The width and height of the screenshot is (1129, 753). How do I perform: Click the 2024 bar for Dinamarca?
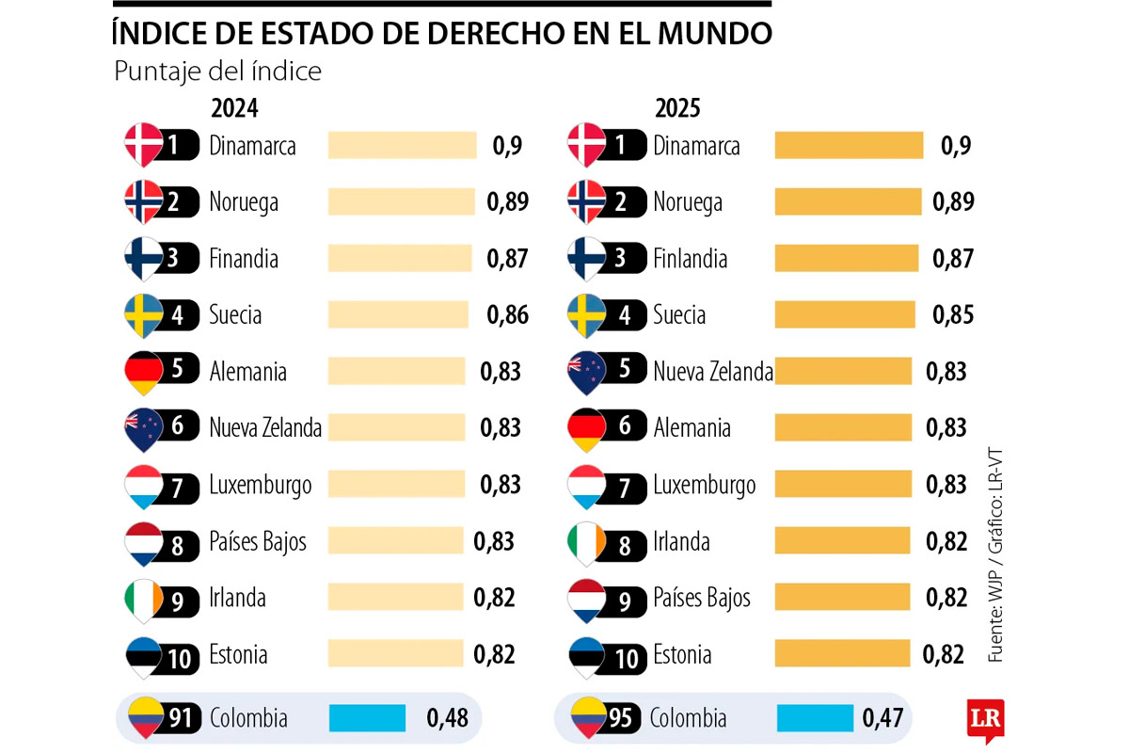402,145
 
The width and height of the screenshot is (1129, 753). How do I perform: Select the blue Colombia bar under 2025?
815,718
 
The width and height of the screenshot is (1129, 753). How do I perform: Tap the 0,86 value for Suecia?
508,315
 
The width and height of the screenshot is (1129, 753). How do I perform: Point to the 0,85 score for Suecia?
953,315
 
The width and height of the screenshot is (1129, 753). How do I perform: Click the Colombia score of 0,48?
448,718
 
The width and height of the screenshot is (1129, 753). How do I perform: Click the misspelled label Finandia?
244,259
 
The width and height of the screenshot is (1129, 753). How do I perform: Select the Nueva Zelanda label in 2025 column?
713,372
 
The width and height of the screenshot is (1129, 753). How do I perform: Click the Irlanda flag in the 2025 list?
587,542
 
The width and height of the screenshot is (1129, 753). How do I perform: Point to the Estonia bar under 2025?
841,654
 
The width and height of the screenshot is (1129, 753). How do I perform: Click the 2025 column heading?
677,108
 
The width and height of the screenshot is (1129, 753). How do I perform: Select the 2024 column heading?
234,108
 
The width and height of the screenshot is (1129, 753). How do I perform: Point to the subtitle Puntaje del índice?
217,72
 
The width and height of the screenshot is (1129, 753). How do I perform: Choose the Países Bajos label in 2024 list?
258,541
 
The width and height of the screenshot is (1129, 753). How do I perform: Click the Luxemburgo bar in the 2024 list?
396,485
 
